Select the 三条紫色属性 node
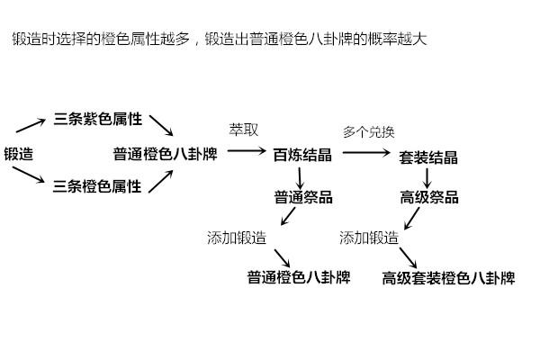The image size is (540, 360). tap(98, 119)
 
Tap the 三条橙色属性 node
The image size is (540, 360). tap(98, 186)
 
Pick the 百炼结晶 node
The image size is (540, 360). tap(302, 155)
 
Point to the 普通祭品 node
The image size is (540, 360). tap(303, 197)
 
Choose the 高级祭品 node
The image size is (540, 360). tap(429, 197)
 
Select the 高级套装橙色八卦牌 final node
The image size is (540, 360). tap(448, 277)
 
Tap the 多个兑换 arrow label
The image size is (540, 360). tap(368, 131)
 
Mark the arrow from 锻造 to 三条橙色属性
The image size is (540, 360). tap(32, 175)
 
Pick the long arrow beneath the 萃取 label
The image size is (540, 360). tap(246, 152)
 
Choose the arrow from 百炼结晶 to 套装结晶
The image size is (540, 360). tap(365, 154)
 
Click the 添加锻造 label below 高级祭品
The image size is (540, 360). tap(369, 238)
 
